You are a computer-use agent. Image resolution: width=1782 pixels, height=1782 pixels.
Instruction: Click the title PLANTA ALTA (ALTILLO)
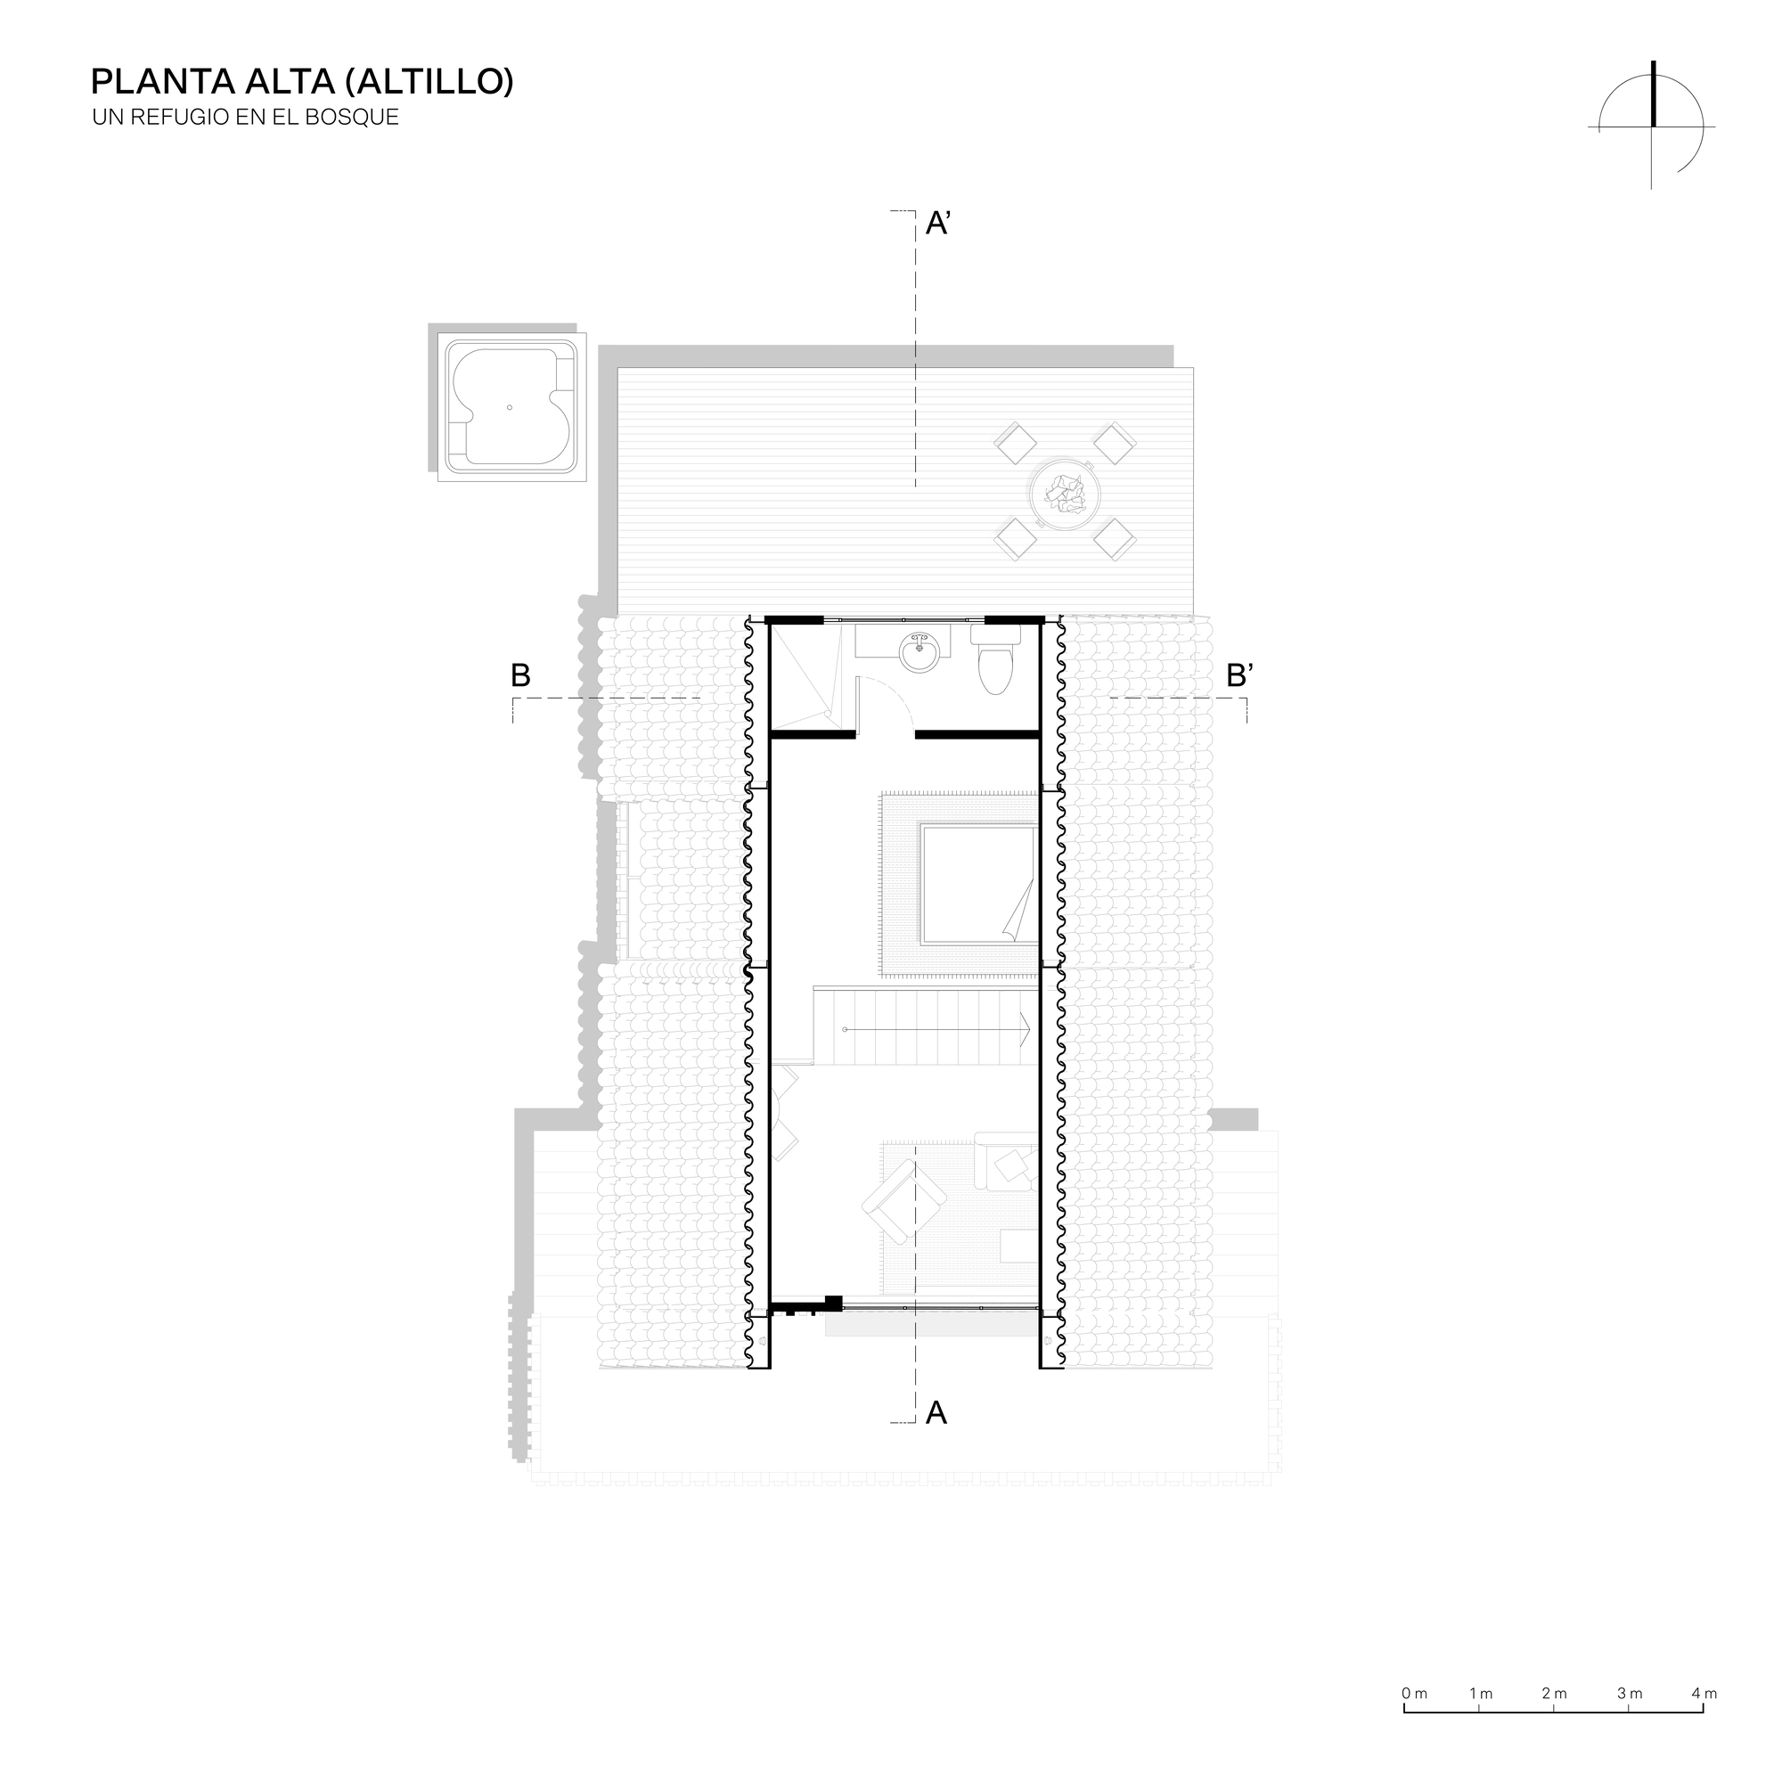302,82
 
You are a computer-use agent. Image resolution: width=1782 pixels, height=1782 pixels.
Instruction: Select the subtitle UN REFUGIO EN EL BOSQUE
245,119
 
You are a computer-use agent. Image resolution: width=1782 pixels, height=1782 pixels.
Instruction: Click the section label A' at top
938,224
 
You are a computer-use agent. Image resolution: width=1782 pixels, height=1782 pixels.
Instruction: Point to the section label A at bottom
936,1412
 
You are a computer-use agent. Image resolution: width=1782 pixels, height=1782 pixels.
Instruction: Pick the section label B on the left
520,676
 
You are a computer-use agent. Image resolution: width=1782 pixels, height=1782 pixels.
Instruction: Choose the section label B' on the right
1238,676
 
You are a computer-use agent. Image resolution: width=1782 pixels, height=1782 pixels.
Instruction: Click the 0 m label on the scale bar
1414,1694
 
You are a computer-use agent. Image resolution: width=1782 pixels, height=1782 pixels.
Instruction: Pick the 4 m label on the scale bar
1704,1694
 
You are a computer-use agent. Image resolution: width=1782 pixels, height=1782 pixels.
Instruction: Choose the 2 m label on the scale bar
1554,1694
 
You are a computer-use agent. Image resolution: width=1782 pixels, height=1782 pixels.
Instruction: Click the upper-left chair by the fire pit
1016,443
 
